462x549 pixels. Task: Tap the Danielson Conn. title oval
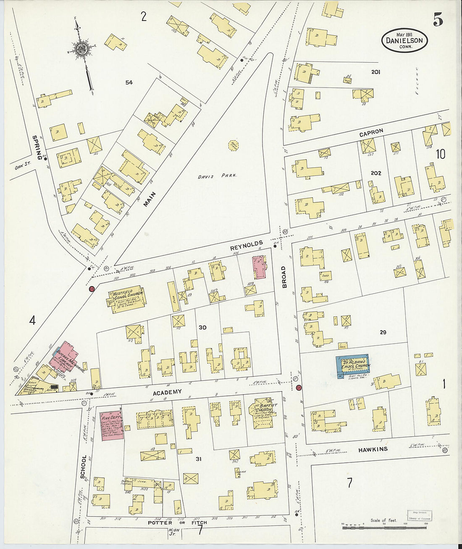coord(404,41)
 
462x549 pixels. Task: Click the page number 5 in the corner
coord(438,19)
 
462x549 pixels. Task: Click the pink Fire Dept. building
coord(112,426)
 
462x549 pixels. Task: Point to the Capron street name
coord(371,132)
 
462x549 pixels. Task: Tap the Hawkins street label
coord(373,450)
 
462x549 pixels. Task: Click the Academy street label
coord(167,392)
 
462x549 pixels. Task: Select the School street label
coord(83,467)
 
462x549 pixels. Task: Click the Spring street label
coord(39,147)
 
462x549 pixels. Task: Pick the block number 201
coord(375,72)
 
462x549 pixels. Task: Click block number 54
coord(129,82)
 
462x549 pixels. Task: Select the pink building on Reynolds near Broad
coord(259,268)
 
